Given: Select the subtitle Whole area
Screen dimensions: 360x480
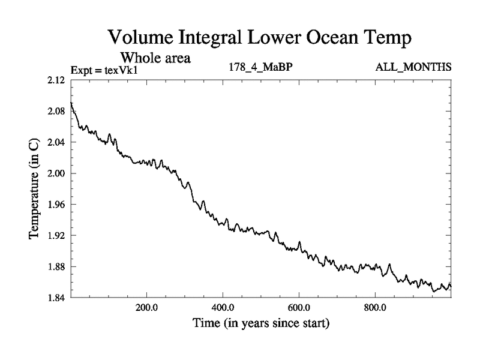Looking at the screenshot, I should pos(155,58).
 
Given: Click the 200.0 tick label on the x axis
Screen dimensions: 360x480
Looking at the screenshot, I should pos(147,308).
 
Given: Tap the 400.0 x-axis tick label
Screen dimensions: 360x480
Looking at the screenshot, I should pos(223,308).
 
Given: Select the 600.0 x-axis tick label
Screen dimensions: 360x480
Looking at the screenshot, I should pos(299,308).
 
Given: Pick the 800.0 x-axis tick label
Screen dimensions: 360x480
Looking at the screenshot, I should pos(375,308).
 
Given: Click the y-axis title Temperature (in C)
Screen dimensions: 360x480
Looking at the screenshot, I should pos(34,188).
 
